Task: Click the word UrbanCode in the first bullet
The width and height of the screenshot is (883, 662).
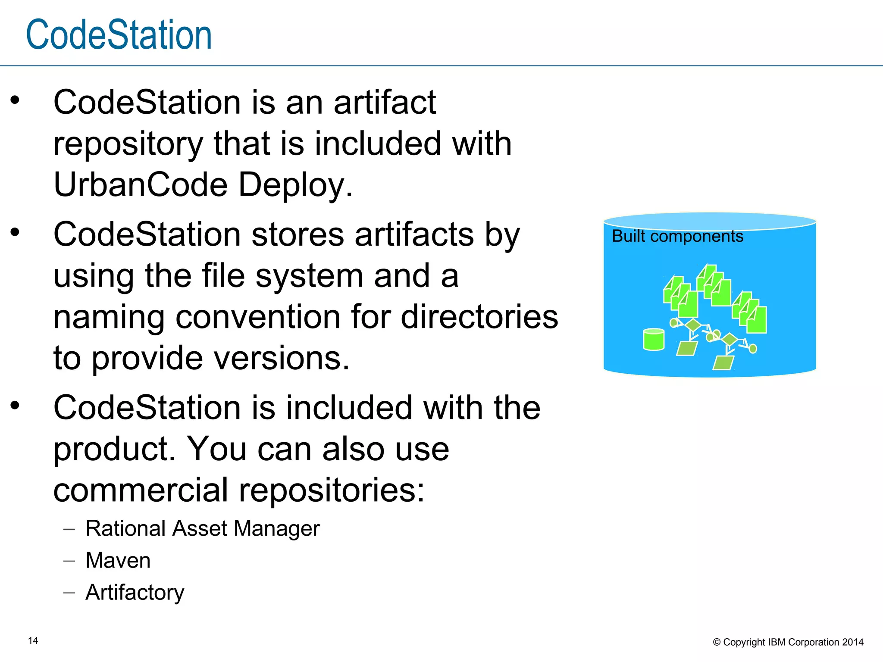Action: point(140,184)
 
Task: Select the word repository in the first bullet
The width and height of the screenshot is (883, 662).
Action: point(128,144)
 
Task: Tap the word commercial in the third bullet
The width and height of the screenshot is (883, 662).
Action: point(141,490)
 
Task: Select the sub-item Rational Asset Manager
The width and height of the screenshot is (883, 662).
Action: point(203,529)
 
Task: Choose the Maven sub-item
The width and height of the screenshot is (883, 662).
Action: point(118,561)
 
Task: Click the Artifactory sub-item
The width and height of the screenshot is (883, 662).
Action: point(135,593)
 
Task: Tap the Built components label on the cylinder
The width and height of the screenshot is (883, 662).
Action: point(677,237)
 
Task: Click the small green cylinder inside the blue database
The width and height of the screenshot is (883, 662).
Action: point(654,339)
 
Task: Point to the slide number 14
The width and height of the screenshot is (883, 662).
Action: point(33,640)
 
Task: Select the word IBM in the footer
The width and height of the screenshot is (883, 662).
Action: point(777,642)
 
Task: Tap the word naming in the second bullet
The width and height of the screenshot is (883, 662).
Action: point(109,318)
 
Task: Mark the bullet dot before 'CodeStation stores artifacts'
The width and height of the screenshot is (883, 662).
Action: point(16,233)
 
